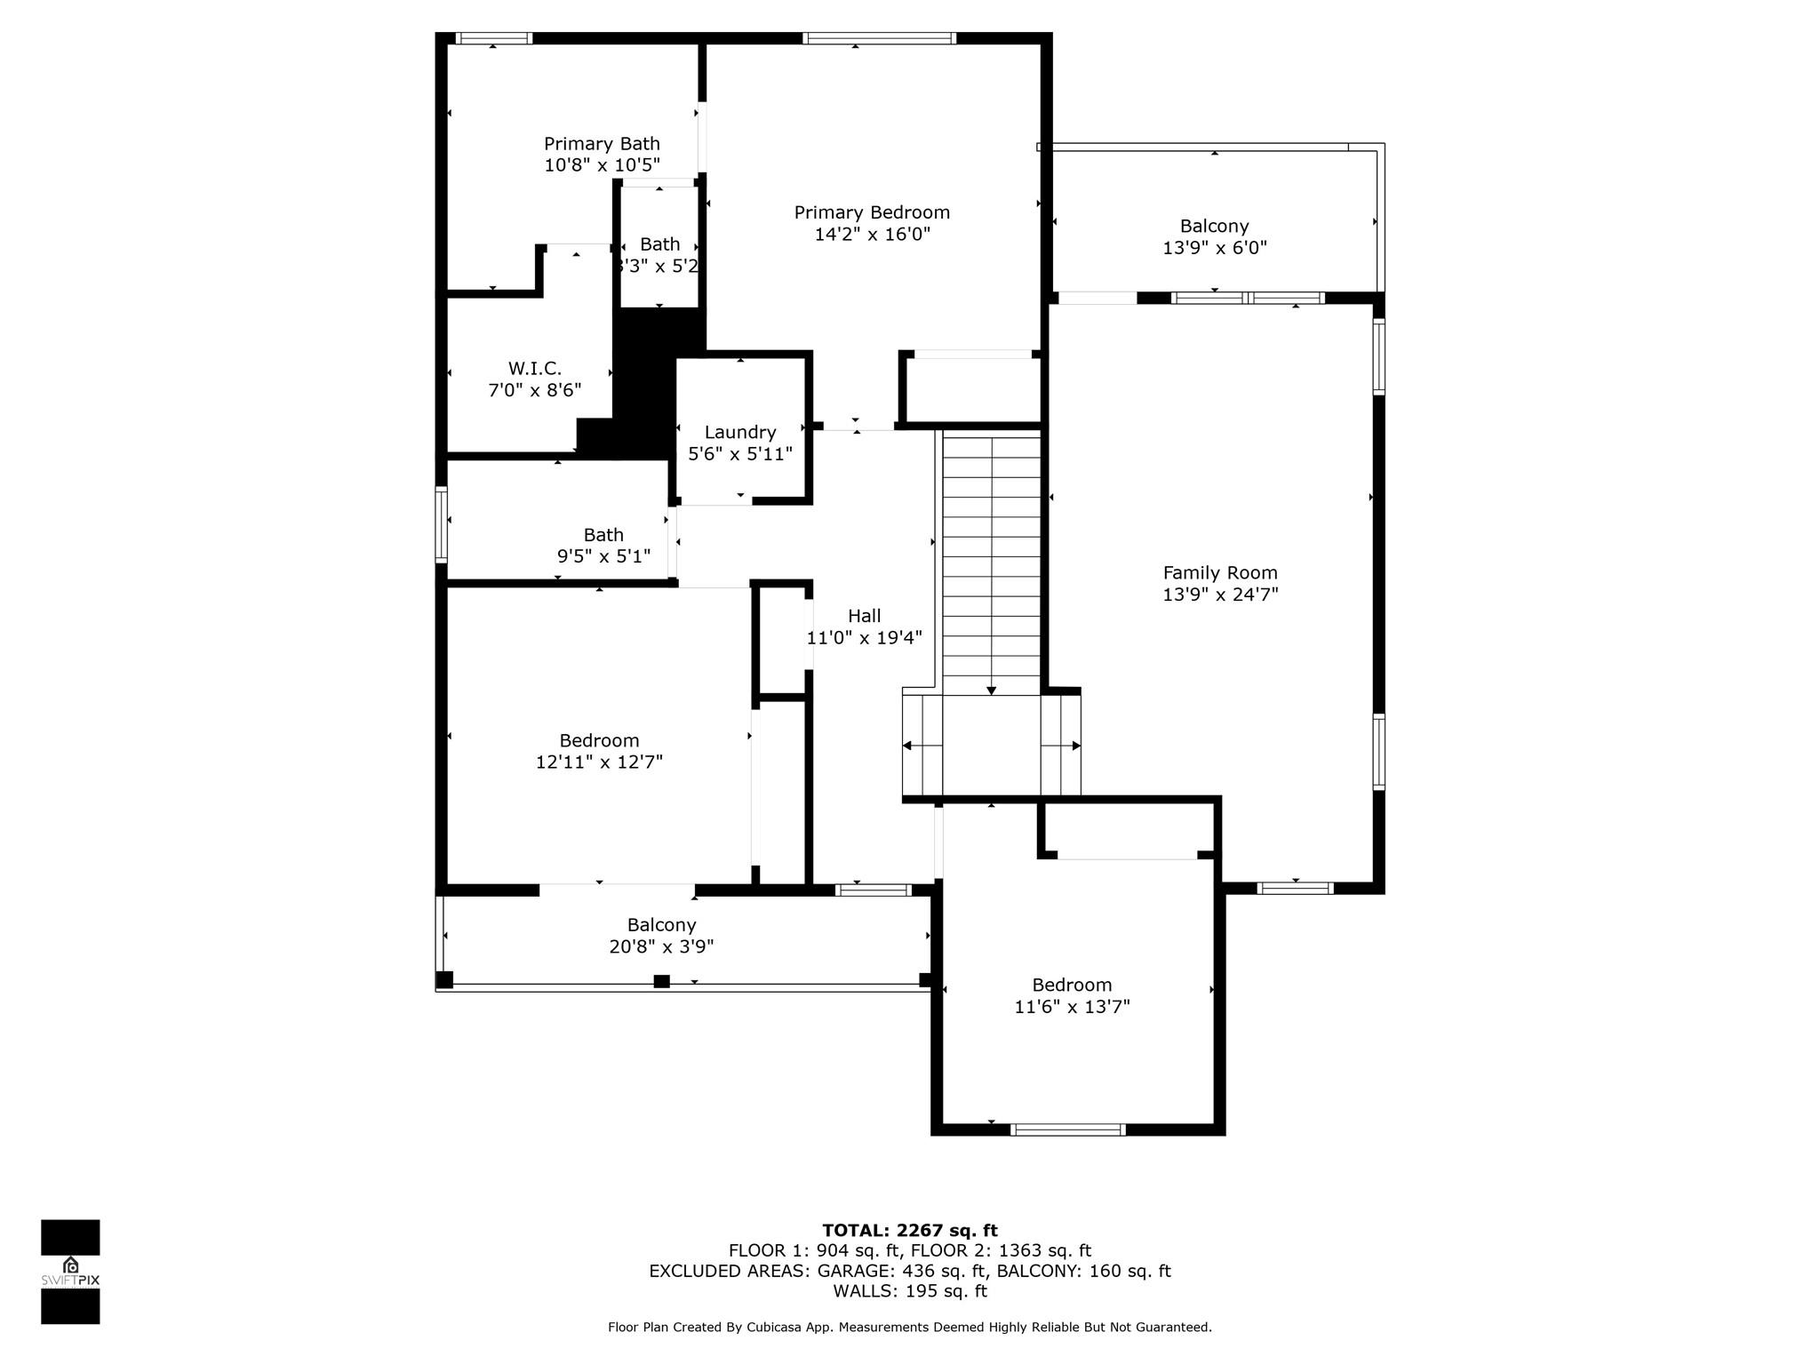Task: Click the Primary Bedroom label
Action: (872, 212)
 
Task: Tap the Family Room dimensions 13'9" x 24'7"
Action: (1220, 595)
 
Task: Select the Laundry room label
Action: (740, 432)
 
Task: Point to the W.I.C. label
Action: (535, 368)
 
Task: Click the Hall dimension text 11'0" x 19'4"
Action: (864, 637)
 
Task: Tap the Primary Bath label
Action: (602, 144)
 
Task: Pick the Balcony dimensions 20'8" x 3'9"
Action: (661, 946)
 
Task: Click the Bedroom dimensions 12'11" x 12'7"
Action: (599, 762)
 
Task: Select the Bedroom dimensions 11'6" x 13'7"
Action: (1072, 1006)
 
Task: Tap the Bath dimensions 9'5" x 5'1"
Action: (603, 556)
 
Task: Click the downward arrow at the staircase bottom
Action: (992, 690)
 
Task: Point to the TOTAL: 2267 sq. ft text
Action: (910, 1231)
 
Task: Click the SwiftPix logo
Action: (70, 1272)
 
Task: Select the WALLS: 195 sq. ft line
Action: (910, 1291)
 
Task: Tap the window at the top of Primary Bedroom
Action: (879, 38)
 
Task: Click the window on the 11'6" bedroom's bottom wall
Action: (1068, 1130)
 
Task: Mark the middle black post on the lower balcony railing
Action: (661, 981)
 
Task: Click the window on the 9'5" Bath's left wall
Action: (441, 525)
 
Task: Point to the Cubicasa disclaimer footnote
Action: (910, 1327)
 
